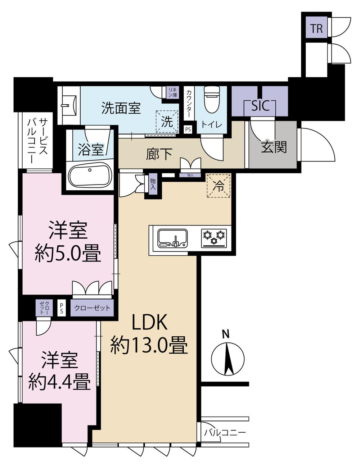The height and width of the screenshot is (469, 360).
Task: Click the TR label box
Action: pos(316,28)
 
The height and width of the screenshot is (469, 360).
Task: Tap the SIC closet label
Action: pos(260,106)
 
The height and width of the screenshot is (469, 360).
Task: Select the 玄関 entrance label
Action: pos(273,147)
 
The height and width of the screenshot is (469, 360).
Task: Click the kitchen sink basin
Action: pos(172,238)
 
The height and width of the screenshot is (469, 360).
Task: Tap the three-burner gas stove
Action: pos(214,238)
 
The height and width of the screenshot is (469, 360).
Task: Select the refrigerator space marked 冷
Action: pos(218,186)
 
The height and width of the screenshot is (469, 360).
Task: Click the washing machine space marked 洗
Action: pos(167,122)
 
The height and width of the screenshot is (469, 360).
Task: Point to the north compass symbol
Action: pos(227,359)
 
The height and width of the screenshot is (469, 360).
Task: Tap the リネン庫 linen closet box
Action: pos(173,92)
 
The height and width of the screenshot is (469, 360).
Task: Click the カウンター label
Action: pos(189,103)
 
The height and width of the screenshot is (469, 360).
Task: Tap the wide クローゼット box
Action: pos(92,308)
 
